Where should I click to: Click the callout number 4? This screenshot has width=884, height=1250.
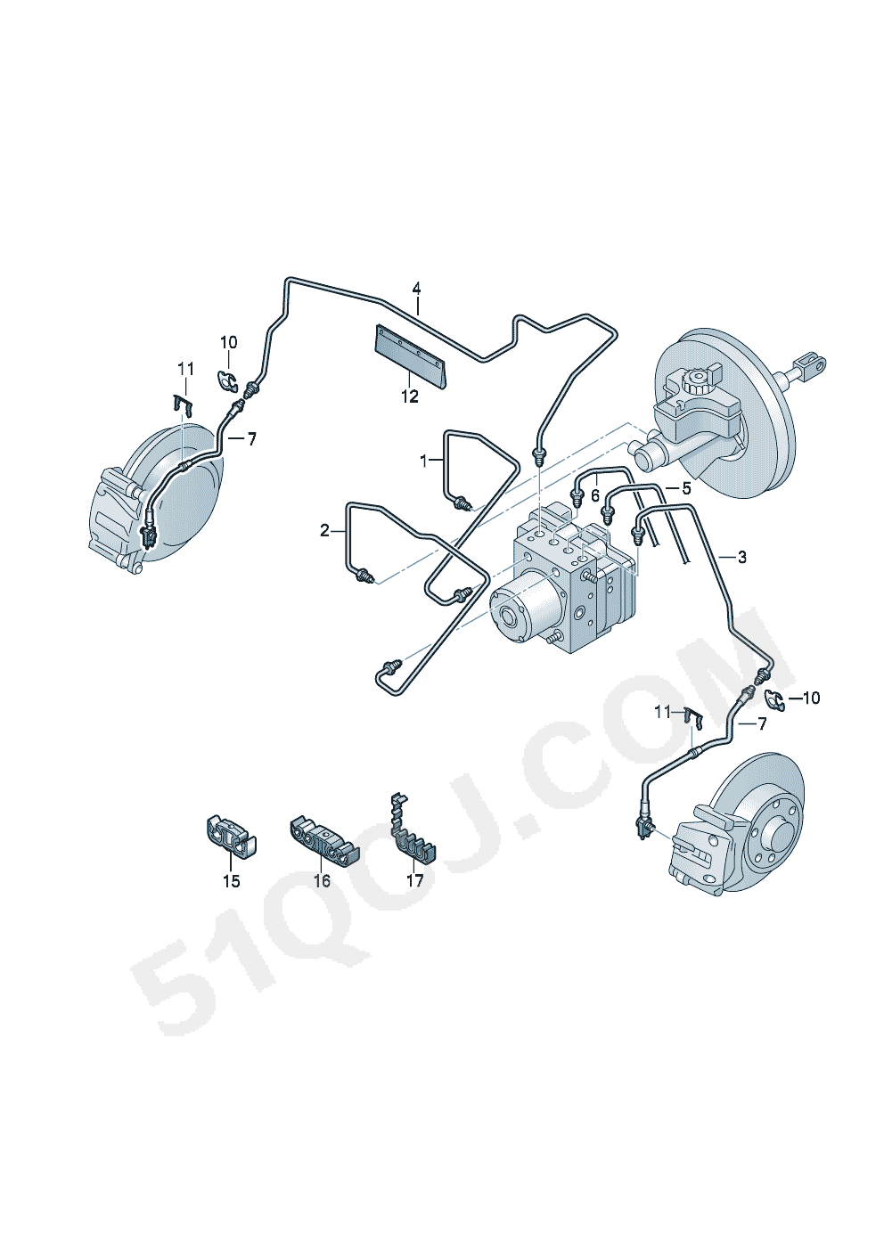(x=416, y=289)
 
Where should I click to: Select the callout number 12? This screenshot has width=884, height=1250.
(x=409, y=396)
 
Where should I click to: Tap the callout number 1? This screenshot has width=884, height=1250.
(x=423, y=461)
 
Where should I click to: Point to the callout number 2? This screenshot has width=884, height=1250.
(x=324, y=531)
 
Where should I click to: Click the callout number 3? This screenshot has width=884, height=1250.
(x=741, y=557)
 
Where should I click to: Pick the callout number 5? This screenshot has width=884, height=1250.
(x=686, y=488)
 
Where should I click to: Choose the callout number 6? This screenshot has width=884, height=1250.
(x=595, y=495)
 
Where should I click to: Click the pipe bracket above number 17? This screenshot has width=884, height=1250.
(x=413, y=833)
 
